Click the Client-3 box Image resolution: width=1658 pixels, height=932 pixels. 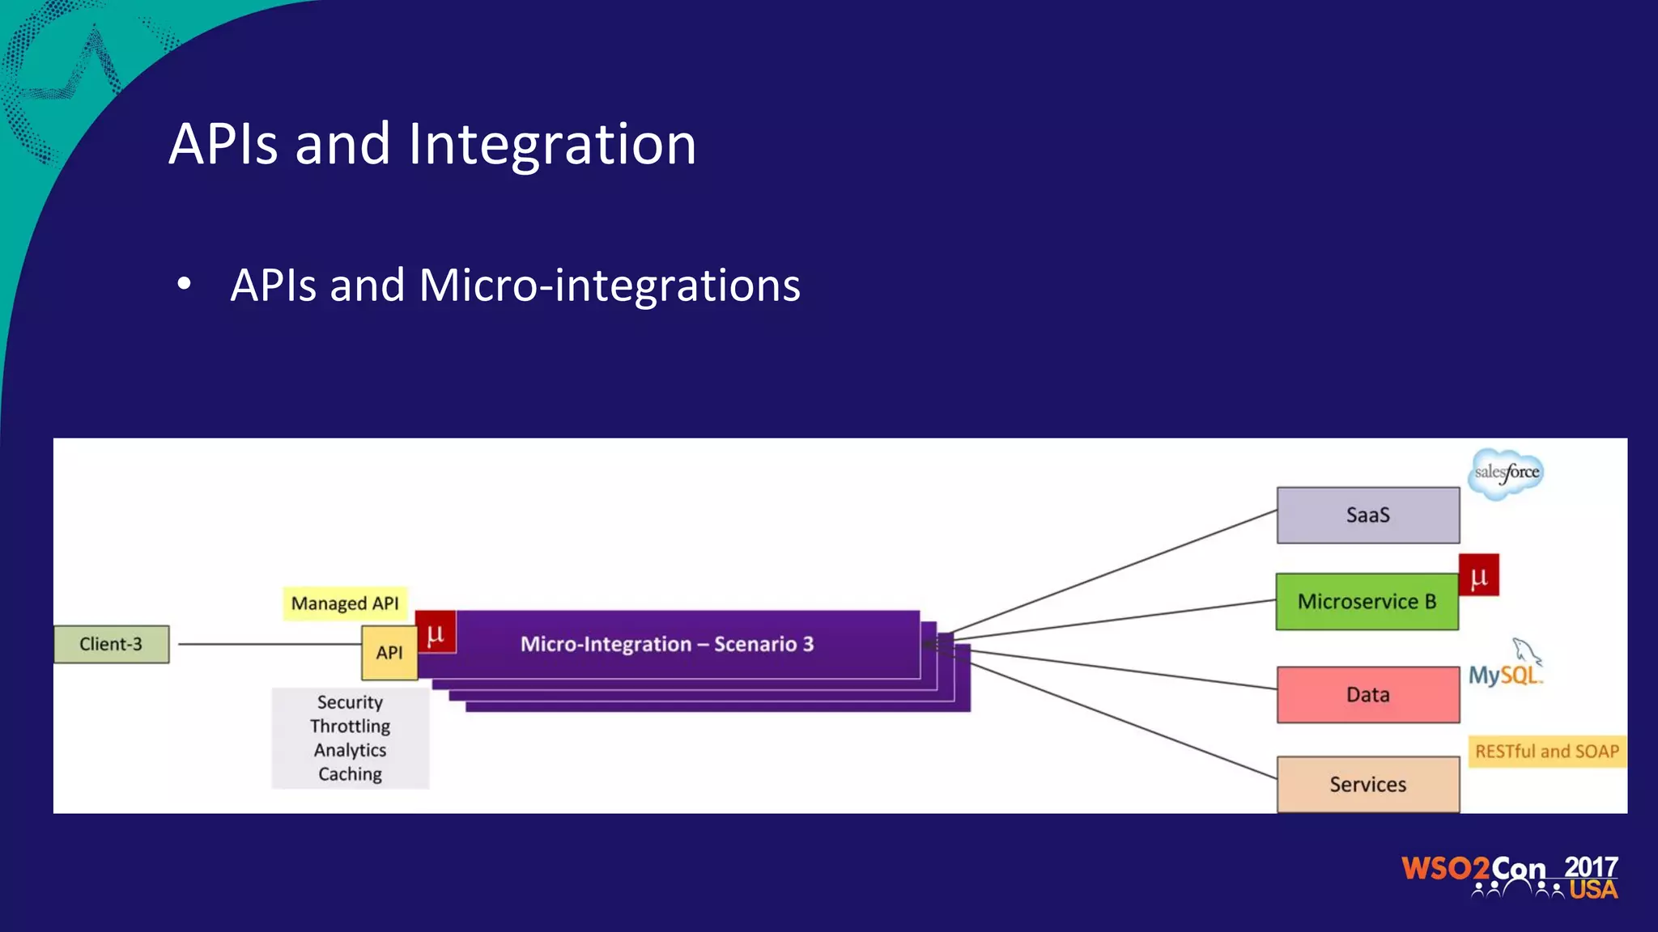112,644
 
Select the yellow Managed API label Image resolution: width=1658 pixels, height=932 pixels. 345,604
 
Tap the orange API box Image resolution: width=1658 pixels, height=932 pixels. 389,653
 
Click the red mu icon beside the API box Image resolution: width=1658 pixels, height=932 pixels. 436,633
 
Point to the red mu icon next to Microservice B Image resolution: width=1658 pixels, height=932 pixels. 1479,575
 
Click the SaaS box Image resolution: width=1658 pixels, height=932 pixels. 1367,515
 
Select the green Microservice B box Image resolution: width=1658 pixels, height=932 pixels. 1367,602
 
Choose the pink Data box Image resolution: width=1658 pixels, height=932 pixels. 1367,695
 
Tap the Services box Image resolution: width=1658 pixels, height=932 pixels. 1367,784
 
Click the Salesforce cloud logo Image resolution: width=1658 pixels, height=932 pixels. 1506,473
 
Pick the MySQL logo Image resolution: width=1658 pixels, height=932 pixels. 1506,668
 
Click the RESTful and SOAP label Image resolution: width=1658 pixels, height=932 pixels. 1546,752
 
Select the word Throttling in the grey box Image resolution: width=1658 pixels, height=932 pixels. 350,727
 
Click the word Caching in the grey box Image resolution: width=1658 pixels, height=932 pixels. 350,774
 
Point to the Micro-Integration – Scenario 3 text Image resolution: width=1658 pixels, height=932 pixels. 666,644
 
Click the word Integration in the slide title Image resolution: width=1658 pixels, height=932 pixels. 551,145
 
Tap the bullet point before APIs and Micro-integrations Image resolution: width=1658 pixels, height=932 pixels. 185,285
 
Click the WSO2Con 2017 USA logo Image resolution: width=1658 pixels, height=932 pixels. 1509,877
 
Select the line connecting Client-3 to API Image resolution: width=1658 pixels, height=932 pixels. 267,644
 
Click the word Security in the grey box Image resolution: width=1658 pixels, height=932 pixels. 350,702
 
